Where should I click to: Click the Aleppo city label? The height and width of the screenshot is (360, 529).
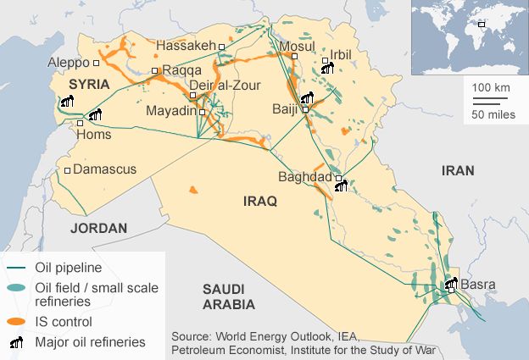(x=67, y=63)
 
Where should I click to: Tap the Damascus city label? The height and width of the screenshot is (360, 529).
(x=104, y=169)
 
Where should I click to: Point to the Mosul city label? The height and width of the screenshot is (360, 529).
(x=279, y=45)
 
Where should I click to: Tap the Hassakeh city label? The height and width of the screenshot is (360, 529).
(x=186, y=45)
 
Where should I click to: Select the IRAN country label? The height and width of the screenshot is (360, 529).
(x=458, y=170)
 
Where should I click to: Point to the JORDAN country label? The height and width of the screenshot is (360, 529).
(x=98, y=228)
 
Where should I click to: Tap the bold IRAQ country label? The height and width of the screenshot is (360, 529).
(x=260, y=202)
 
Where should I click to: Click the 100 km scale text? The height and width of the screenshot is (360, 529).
(x=490, y=88)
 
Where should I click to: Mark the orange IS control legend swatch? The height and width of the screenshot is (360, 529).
(x=15, y=322)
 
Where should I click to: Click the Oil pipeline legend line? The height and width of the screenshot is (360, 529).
(x=15, y=268)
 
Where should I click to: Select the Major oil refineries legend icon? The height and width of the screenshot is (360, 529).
(x=16, y=342)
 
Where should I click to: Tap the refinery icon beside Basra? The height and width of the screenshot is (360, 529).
(x=450, y=285)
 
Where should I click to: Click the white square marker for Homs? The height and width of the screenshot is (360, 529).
(x=81, y=123)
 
